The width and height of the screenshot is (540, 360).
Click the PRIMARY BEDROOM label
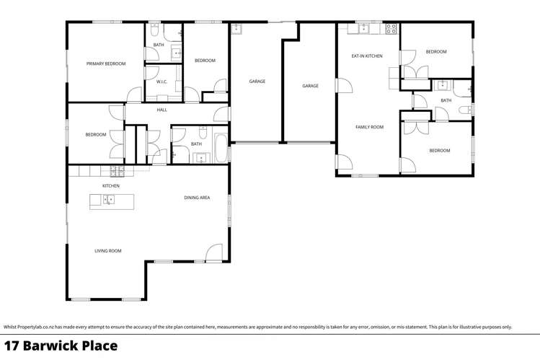pyautogui.click(x=106, y=63)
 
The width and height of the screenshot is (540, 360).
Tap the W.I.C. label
pyautogui.click(x=161, y=82)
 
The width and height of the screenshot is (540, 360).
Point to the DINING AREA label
pyautogui.click(x=196, y=197)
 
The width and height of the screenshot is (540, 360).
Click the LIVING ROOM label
pyautogui.click(x=107, y=251)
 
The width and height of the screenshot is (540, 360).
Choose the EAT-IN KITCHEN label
pyautogui.click(x=366, y=56)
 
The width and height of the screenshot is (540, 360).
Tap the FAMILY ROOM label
pyautogui.click(x=369, y=127)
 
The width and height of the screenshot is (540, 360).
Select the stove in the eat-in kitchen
pyautogui.click(x=391, y=30)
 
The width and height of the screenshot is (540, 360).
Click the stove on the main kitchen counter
pyautogui.click(x=116, y=171)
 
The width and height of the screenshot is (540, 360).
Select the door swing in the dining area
pyautogui.click(x=214, y=253)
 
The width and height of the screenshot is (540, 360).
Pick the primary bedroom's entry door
pyautogui.click(x=134, y=95)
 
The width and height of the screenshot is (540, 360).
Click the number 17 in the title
pyautogui.click(x=12, y=346)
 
